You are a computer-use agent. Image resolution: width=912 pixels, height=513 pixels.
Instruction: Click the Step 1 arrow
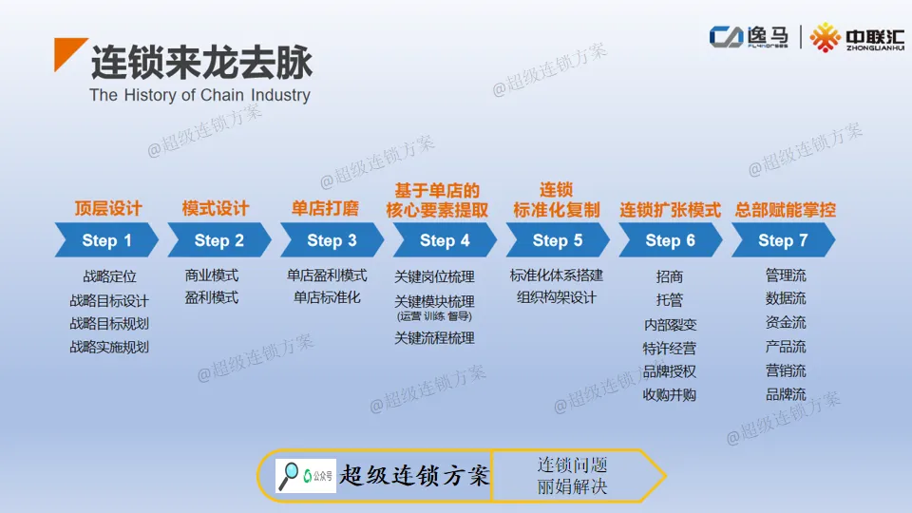pyautogui.click(x=105, y=240)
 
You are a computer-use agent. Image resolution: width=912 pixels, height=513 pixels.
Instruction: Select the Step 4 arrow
pyautogui.click(x=444, y=240)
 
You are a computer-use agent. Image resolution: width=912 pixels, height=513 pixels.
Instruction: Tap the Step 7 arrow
pyautogui.click(x=782, y=240)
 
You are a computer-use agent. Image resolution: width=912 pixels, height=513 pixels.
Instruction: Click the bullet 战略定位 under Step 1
pyautogui.click(x=109, y=276)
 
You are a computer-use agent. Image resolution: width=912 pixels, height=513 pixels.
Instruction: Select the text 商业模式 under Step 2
pyautogui.click(x=212, y=275)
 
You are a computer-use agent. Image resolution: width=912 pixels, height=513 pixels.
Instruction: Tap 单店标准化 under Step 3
pyautogui.click(x=327, y=297)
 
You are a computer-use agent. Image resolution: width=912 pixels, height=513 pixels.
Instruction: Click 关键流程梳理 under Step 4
pyautogui.click(x=434, y=337)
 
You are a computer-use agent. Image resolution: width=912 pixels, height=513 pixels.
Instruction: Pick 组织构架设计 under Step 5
pyautogui.click(x=557, y=297)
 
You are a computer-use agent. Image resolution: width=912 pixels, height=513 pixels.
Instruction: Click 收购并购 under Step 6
pyautogui.click(x=670, y=394)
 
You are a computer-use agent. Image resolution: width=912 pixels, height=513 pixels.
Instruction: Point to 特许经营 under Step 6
pyautogui.click(x=670, y=348)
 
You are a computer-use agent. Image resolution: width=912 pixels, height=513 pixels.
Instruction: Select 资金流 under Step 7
pyautogui.click(x=786, y=323)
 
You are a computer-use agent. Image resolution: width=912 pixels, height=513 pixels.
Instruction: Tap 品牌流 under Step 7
pyautogui.click(x=786, y=394)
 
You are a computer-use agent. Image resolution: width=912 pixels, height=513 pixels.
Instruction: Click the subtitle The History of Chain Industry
pyautogui.click(x=199, y=95)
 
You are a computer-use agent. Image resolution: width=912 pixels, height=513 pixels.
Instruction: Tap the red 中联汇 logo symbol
pyautogui.click(x=825, y=37)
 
